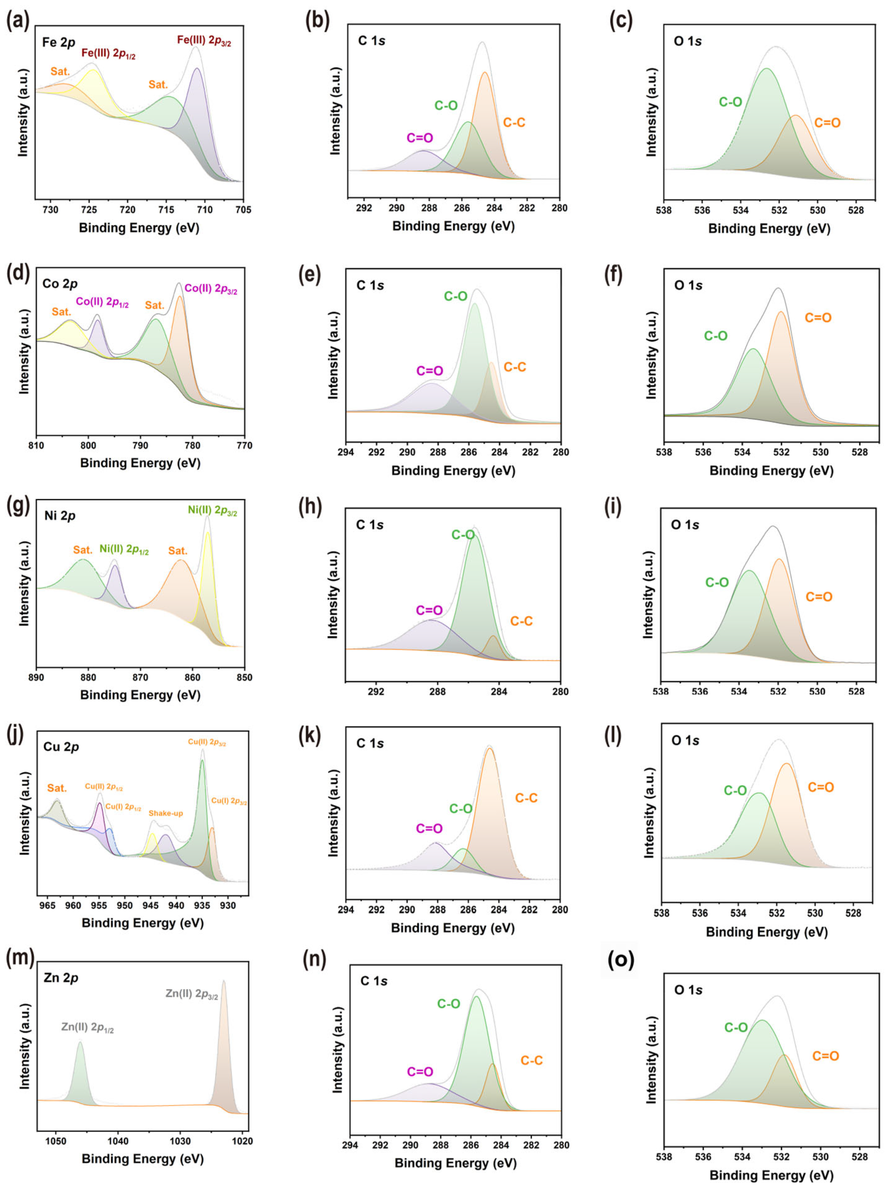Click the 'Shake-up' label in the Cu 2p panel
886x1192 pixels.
pos(166,813)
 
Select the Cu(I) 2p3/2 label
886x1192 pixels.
pos(229,801)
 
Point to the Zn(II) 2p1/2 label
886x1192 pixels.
pos(88,1027)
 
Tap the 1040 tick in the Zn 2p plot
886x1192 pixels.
pos(117,1141)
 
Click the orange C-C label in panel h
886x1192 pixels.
pos(521,621)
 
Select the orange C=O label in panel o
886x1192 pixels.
pos(825,1056)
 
